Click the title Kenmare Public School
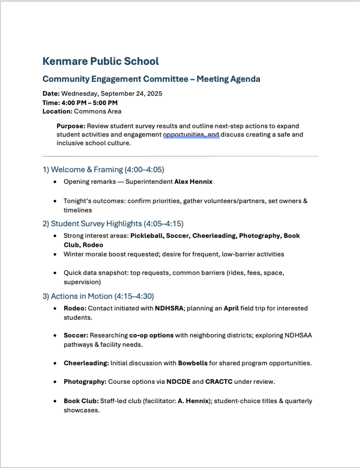[101, 61]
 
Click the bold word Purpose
[71, 126]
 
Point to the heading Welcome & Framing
[86, 170]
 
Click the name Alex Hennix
[193, 181]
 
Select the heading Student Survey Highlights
[96, 223]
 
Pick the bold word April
[231, 308]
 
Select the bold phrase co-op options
[151, 335]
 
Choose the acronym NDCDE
[178, 382]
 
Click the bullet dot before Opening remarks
[55, 182]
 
